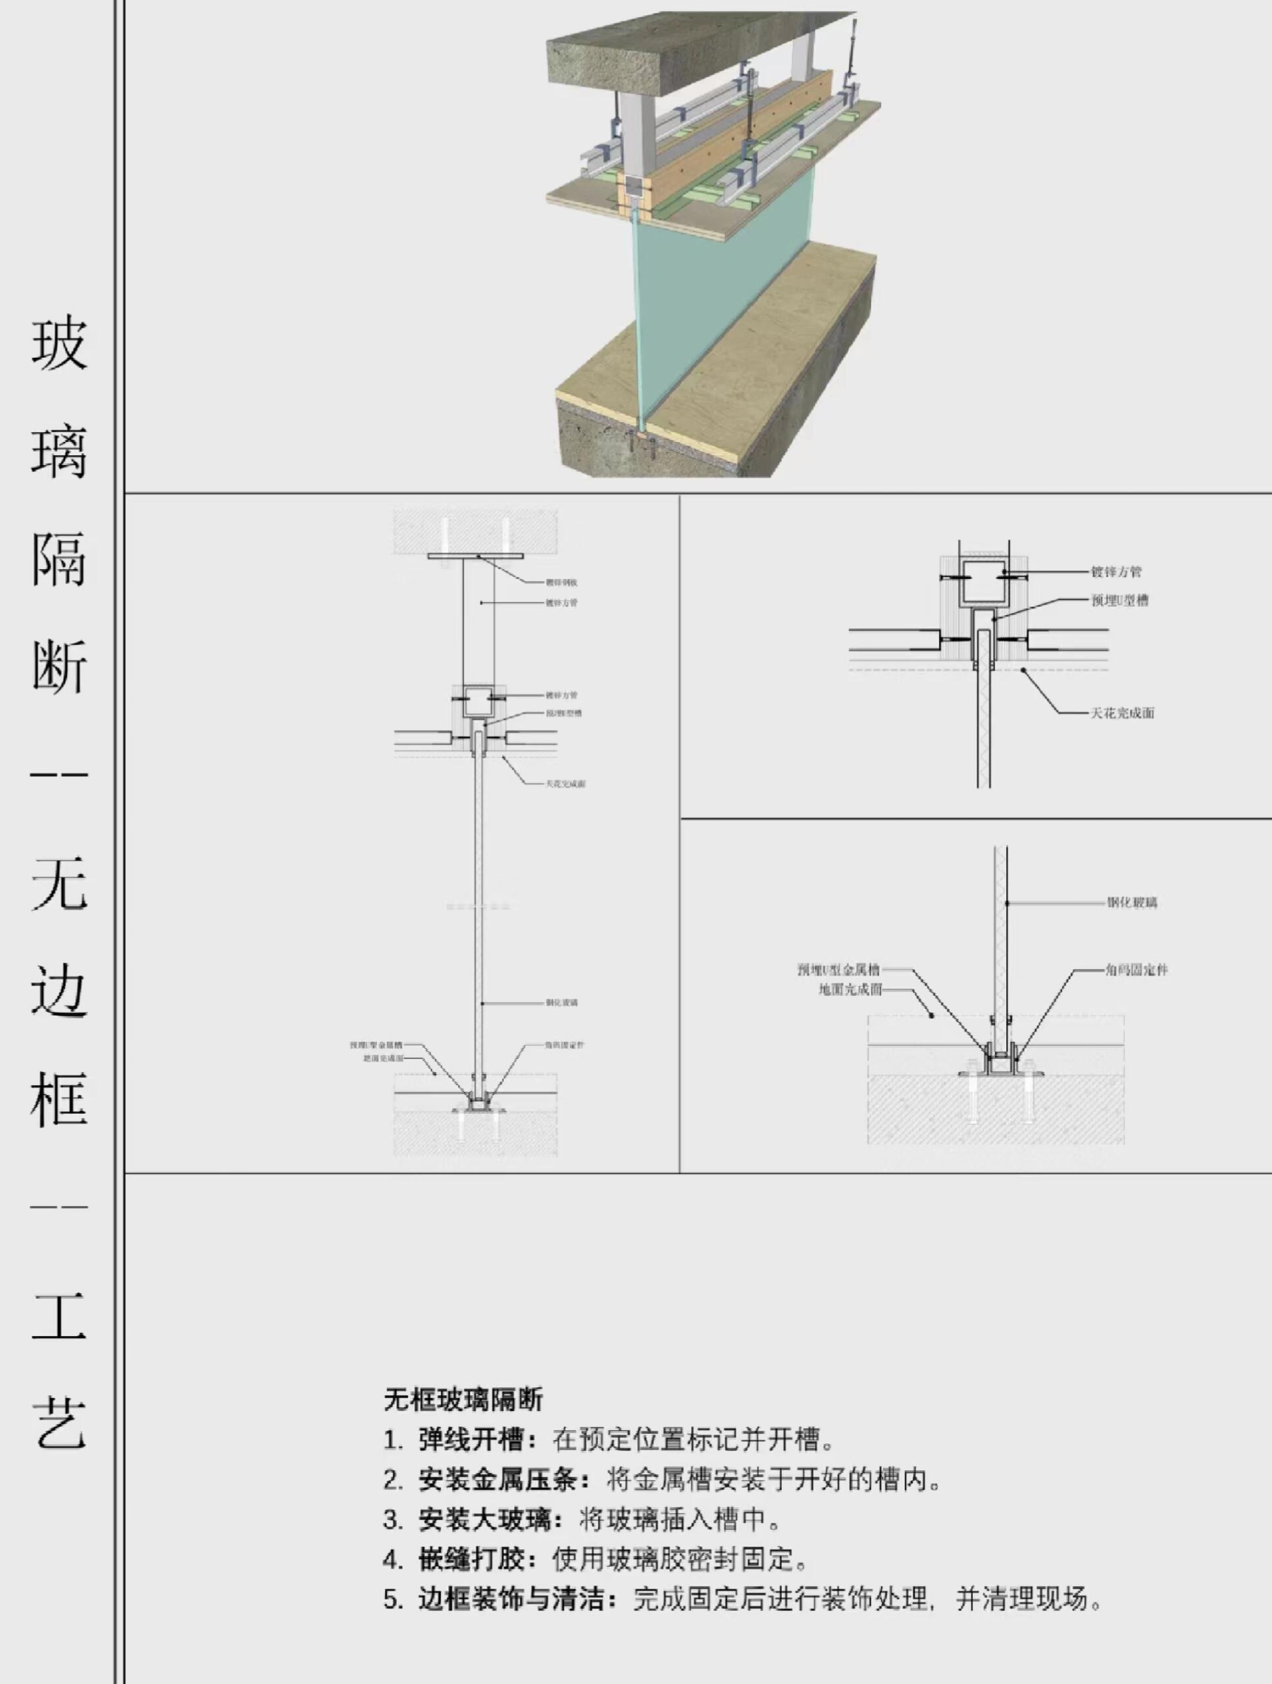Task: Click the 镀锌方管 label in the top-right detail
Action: click(1116, 572)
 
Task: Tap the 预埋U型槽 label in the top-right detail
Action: click(1120, 600)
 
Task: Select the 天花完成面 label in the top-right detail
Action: click(1122, 712)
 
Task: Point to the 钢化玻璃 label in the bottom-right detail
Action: click(1132, 903)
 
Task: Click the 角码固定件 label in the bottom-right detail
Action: click(1136, 970)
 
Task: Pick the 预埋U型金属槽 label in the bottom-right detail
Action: click(838, 970)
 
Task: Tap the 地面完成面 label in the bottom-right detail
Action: click(850, 990)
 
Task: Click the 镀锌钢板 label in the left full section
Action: click(561, 582)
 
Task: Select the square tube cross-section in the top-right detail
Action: click(982, 580)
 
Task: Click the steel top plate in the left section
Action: click(475, 557)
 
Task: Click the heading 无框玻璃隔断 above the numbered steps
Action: click(463, 1399)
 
